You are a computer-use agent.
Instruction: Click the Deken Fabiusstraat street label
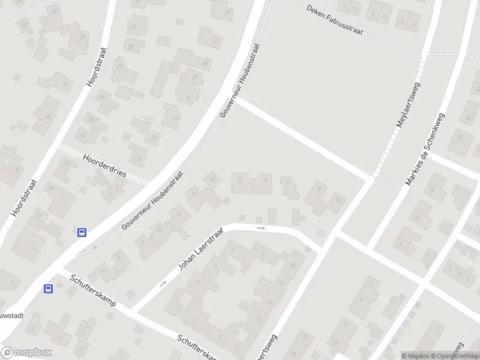pos(334,19)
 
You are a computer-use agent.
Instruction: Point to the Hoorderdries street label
pos(105,164)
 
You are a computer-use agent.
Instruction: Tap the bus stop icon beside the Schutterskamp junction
pos(48,289)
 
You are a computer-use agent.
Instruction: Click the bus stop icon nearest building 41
pos(82,232)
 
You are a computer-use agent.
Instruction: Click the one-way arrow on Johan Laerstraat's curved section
pos(260,228)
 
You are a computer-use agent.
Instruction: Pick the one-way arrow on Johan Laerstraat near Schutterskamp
pos(163,283)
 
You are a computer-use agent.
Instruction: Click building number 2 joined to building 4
pos(241,178)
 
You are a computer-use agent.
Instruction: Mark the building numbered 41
pos(38,214)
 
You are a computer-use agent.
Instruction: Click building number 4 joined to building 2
pos(265,179)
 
